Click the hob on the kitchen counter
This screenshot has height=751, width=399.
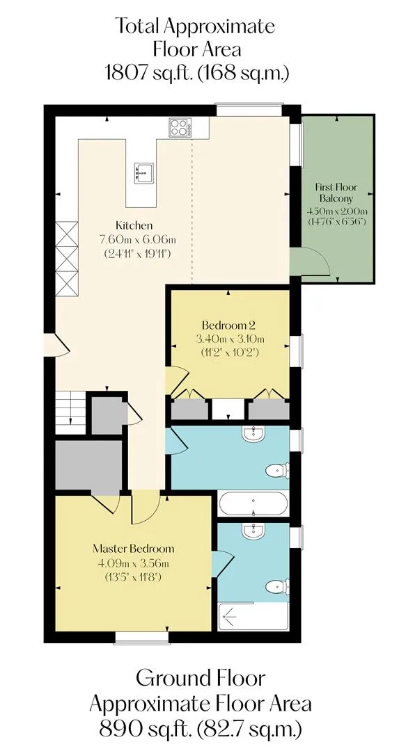180,127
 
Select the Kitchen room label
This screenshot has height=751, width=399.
134,225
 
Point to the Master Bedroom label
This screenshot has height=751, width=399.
133,549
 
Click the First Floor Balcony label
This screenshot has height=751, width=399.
336,193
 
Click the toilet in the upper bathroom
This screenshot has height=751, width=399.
278,470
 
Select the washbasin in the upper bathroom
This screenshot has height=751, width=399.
253,433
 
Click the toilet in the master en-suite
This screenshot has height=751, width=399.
278,587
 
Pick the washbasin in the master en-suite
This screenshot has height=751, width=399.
253,530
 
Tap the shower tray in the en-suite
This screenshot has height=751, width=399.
253,617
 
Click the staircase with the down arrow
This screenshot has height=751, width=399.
70,412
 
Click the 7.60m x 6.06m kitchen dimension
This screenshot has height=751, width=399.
137,239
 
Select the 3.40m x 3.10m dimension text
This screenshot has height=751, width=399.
230,339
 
